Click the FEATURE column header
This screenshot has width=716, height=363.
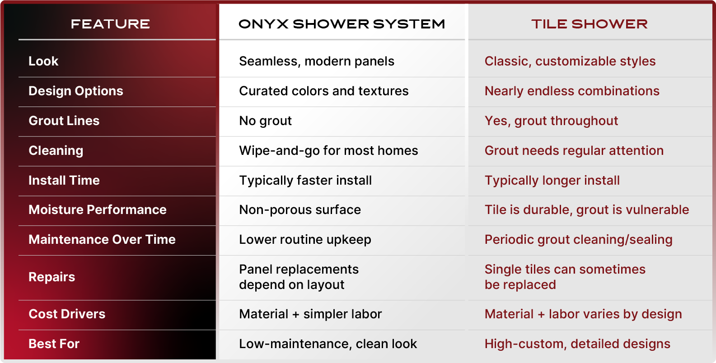point(110,24)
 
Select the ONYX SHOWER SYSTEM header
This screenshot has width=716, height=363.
point(342,24)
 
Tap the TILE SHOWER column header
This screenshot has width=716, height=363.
point(590,24)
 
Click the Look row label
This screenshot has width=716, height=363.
point(43,61)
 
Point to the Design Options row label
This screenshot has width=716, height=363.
point(76,91)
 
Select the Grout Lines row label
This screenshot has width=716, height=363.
point(64,121)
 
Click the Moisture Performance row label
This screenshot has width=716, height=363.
point(98,209)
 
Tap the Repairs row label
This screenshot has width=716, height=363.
point(52,277)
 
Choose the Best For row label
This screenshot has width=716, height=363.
point(54,344)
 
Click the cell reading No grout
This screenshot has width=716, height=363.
point(265,121)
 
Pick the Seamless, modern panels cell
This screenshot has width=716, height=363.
point(317,61)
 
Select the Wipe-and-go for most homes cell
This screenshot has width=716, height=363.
point(328,150)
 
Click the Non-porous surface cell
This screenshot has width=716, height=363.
point(300,210)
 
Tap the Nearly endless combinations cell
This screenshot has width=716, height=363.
point(572,91)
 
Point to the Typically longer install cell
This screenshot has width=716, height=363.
point(552,181)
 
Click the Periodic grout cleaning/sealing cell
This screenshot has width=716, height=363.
point(579,240)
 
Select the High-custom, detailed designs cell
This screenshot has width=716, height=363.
point(577,344)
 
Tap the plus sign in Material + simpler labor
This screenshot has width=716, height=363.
point(296,315)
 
